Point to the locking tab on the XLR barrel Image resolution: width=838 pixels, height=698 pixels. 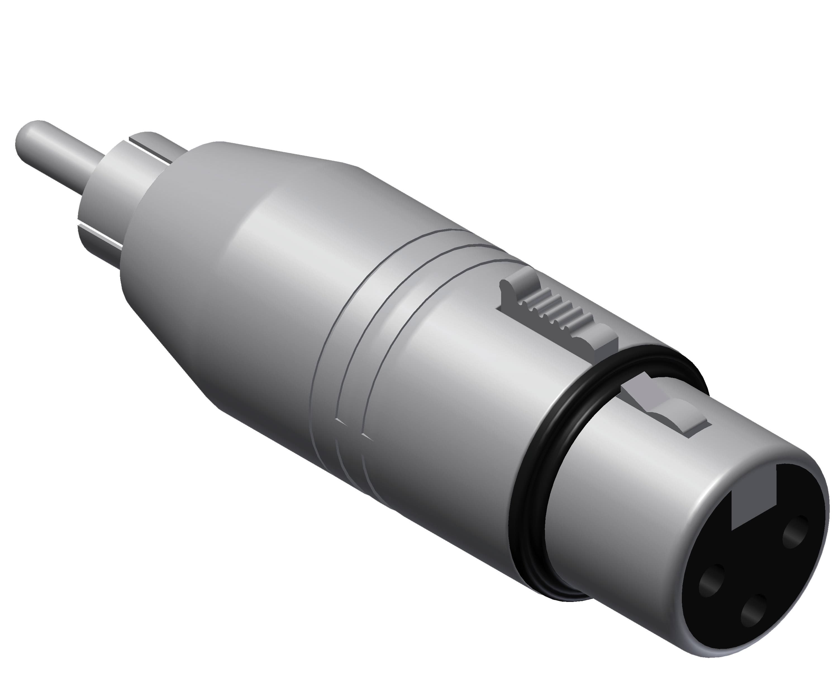(670, 415)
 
